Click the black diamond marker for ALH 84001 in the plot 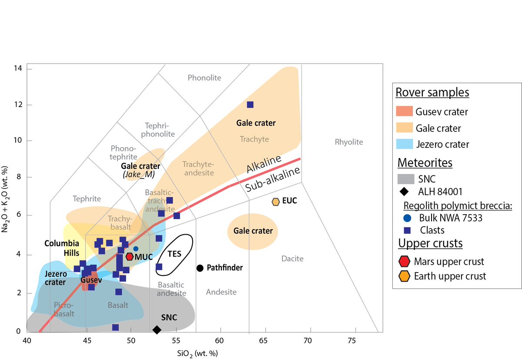pyautogui.click(x=157, y=330)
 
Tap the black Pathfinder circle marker pyautogui.click(x=200, y=268)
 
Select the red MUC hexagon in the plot pyautogui.click(x=130, y=256)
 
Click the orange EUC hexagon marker pyautogui.click(x=275, y=202)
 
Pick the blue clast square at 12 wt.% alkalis pyautogui.click(x=250, y=104)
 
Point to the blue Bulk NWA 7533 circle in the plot pyautogui.click(x=136, y=249)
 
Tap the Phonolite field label pyautogui.click(x=204, y=78)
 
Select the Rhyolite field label pyautogui.click(x=348, y=142)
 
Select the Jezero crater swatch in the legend pyautogui.click(x=404, y=144)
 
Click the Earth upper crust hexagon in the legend pyautogui.click(x=405, y=276)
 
